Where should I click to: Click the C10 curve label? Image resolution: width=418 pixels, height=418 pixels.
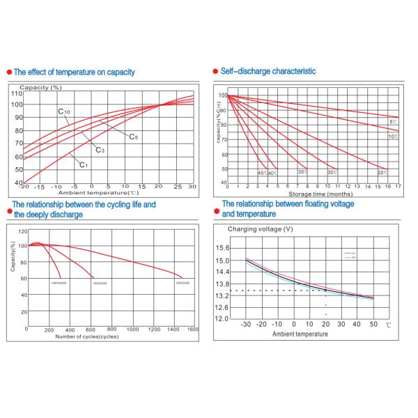click(x=63, y=111)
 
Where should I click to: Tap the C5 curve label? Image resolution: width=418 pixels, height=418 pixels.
click(x=133, y=137)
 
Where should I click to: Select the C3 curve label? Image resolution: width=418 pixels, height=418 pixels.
click(x=100, y=150)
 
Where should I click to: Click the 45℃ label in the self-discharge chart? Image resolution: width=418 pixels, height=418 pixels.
click(x=262, y=172)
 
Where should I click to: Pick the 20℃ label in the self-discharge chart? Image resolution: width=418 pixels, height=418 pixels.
click(x=382, y=172)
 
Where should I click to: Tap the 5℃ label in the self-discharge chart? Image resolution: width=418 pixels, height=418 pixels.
click(x=393, y=122)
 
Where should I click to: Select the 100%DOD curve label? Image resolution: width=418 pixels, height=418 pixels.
click(x=59, y=283)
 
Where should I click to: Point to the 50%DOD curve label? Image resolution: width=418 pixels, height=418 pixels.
click(x=100, y=283)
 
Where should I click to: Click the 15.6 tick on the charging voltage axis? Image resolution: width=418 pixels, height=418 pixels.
click(x=224, y=248)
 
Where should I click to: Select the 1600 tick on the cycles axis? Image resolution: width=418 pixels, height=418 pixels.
click(x=192, y=328)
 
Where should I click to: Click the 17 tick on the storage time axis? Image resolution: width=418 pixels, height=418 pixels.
click(x=398, y=187)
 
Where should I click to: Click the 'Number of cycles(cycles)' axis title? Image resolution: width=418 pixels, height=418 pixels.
click(x=87, y=336)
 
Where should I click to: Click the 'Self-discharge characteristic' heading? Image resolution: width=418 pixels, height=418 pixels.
click(x=268, y=71)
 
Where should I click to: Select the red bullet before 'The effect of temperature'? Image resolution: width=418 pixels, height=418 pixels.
click(x=8, y=72)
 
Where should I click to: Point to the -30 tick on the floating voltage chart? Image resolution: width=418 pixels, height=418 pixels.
click(x=246, y=325)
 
